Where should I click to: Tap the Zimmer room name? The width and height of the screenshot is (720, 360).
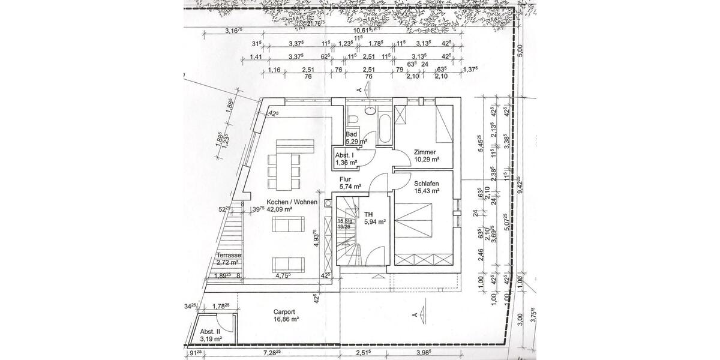pos(425,152)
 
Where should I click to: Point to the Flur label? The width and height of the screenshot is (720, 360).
pos(345,179)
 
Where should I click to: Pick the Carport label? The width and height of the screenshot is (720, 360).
pos(284,312)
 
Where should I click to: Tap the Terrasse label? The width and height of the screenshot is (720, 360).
pos(229,255)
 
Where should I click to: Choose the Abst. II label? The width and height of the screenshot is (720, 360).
pos(211,332)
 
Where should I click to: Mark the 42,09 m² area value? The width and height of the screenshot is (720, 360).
pos(280,210)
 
